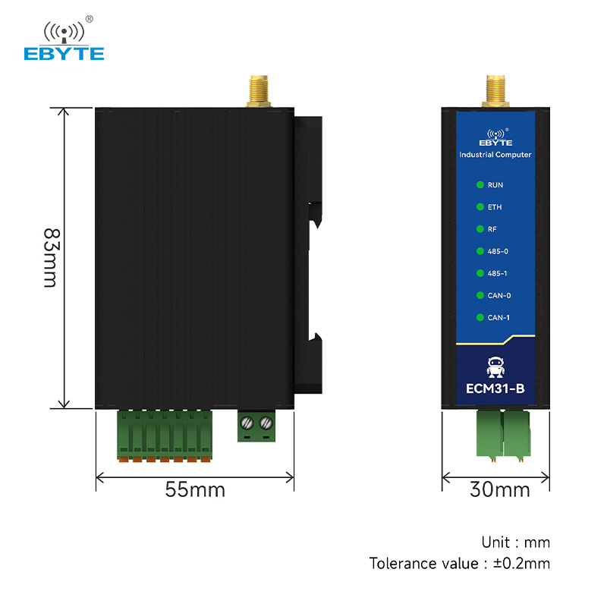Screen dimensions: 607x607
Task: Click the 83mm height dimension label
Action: [x=52, y=258]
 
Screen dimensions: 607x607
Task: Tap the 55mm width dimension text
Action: [x=195, y=489]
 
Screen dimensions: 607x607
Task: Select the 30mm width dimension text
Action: [x=500, y=489]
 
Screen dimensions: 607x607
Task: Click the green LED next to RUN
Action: [x=480, y=184]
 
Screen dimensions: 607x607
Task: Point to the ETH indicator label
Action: [x=495, y=207]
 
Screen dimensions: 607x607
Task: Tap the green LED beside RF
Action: [x=480, y=229]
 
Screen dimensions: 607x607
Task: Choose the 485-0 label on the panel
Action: [x=498, y=251]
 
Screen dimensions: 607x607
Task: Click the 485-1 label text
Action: [x=498, y=273]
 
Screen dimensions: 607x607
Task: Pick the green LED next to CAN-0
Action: [x=480, y=295]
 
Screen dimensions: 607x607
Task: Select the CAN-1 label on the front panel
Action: [x=498, y=317]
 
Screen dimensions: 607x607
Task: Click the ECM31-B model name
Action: [x=495, y=388]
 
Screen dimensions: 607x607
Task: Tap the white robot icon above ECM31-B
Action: [x=495, y=367]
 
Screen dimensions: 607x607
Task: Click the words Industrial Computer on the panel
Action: [x=495, y=155]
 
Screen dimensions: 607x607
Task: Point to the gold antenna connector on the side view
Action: [x=259, y=91]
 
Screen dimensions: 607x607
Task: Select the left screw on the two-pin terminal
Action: [x=247, y=423]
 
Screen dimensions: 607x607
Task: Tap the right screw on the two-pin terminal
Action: [x=266, y=423]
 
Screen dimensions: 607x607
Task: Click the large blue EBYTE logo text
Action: [x=64, y=54]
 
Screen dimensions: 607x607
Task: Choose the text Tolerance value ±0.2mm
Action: [x=460, y=563]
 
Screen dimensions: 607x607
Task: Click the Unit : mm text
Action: [x=516, y=543]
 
